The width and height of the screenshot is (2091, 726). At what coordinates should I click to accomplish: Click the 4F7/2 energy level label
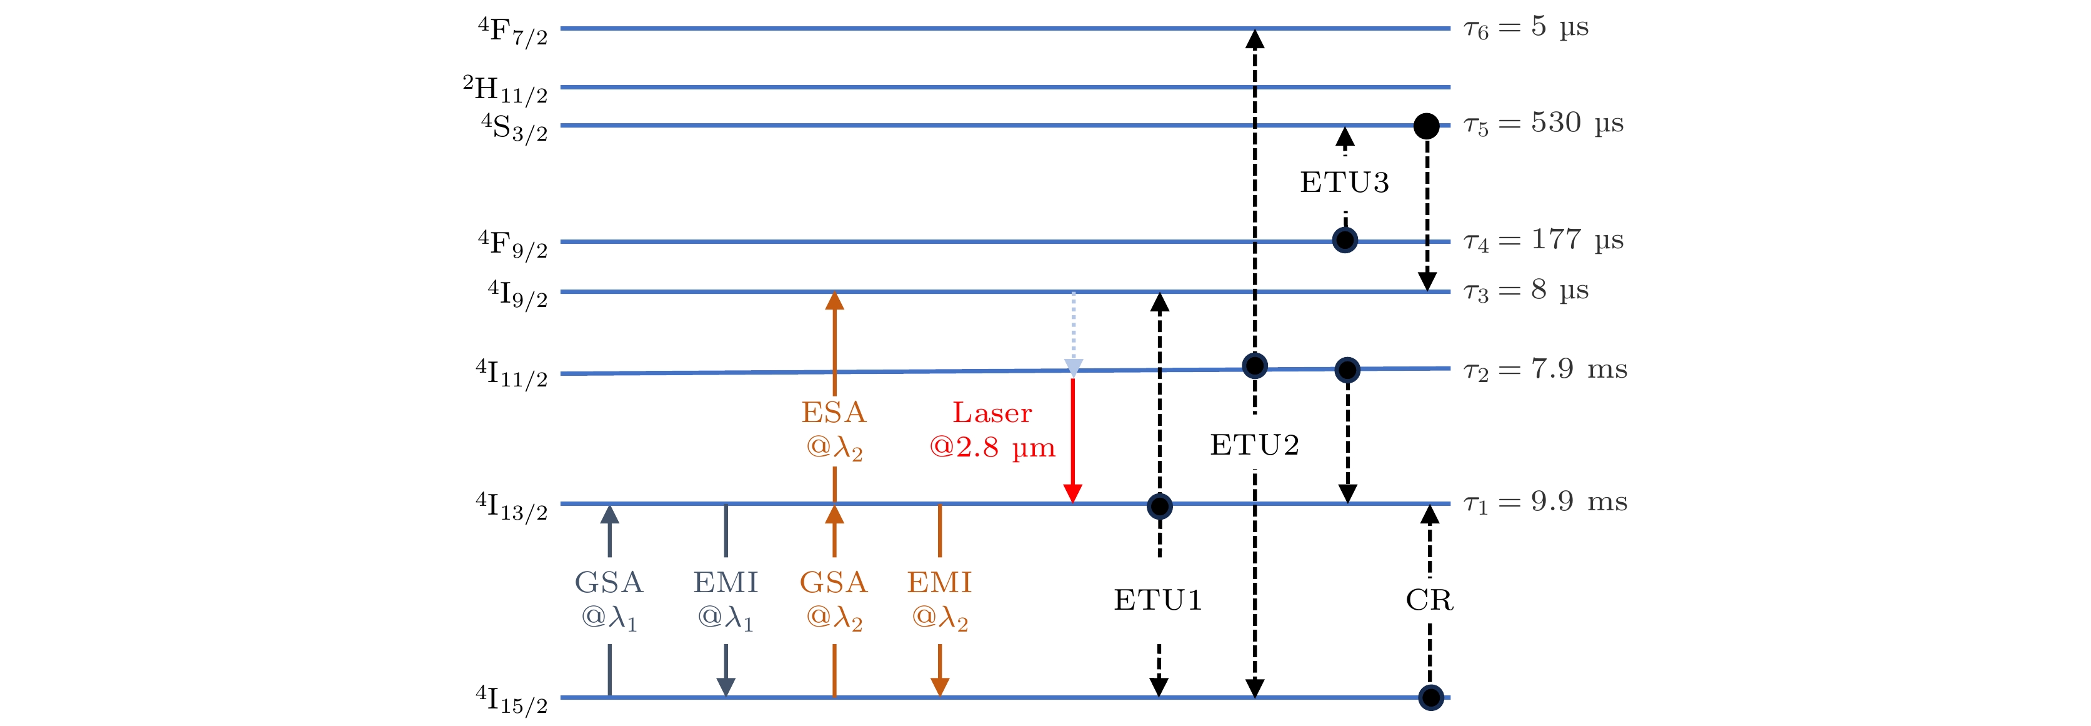(x=513, y=33)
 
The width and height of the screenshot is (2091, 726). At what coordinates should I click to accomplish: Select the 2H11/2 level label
(x=506, y=90)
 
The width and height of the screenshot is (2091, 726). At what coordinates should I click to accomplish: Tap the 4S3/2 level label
(x=515, y=128)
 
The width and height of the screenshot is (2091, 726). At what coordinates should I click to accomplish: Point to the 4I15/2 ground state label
(x=511, y=699)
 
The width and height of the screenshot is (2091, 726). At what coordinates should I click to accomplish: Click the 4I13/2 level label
(x=511, y=506)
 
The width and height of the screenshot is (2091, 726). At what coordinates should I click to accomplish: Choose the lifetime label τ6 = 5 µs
(x=1525, y=28)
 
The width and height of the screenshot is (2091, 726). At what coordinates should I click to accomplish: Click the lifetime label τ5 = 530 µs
(x=1542, y=124)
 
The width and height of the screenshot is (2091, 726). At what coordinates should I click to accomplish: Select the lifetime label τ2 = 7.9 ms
(x=1545, y=370)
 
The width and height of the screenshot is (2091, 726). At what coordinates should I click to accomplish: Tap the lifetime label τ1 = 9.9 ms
(x=1545, y=503)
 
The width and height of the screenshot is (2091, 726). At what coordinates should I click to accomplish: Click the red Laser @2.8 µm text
(x=992, y=430)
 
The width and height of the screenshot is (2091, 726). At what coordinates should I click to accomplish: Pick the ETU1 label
(x=1157, y=601)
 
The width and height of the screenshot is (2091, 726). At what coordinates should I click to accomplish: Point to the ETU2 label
(x=1254, y=445)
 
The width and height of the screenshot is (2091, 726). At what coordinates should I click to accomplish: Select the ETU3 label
(x=1344, y=183)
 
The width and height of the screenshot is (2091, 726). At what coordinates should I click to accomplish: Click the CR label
(x=1429, y=601)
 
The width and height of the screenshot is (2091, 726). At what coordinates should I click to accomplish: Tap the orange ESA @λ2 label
(x=834, y=430)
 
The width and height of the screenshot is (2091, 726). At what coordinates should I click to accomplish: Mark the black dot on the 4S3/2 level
(x=1426, y=126)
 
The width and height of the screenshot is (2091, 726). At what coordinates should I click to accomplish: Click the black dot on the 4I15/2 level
(x=1430, y=697)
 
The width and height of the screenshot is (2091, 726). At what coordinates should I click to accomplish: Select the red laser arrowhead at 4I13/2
(x=1072, y=493)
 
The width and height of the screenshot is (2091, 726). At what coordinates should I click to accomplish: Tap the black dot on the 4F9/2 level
(x=1345, y=240)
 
